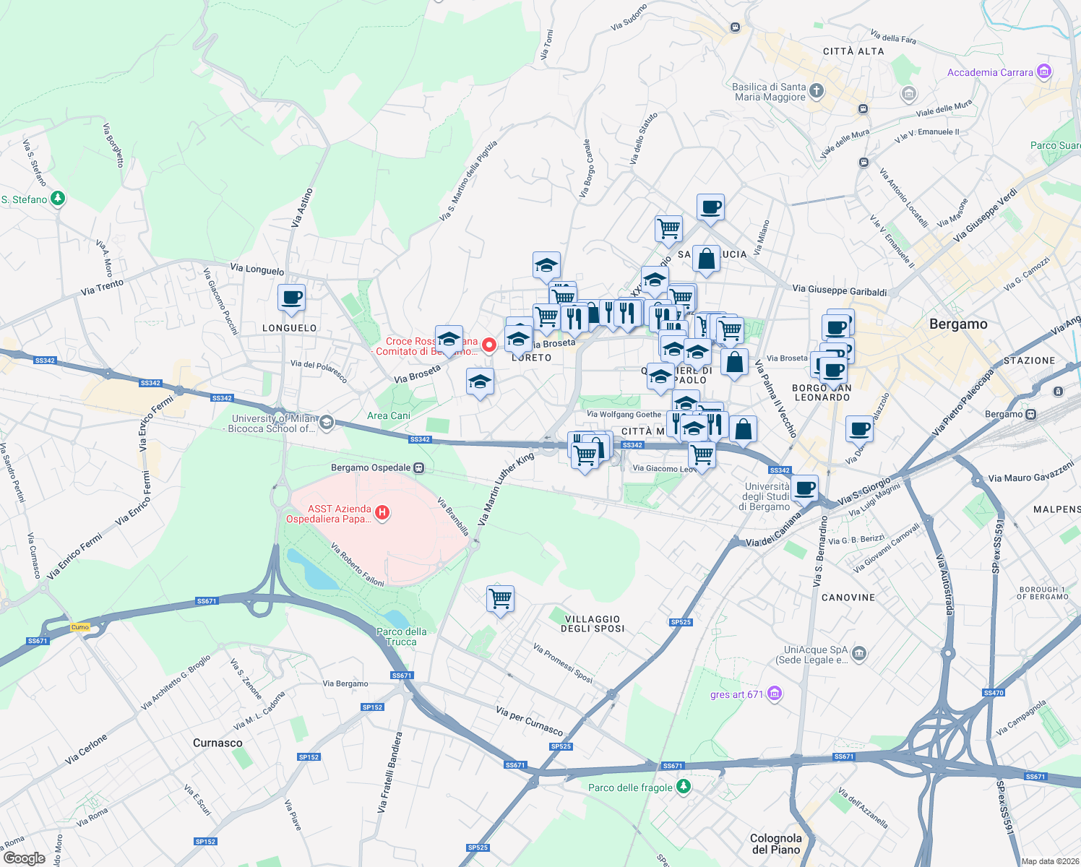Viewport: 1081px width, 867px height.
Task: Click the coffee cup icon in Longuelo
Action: pyautogui.click(x=291, y=298)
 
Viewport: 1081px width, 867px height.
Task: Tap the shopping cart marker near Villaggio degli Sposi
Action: pyautogui.click(x=500, y=599)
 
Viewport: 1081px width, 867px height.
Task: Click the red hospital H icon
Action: pyautogui.click(x=382, y=513)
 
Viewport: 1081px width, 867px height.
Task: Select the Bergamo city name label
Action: pyautogui.click(x=958, y=324)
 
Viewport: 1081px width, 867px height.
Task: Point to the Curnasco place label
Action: pyautogui.click(x=218, y=743)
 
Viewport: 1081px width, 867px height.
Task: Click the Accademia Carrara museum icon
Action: pyautogui.click(x=1043, y=72)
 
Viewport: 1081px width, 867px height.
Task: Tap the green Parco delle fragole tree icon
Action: pyautogui.click(x=683, y=787)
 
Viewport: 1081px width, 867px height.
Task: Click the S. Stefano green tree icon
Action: pyautogui.click(x=58, y=199)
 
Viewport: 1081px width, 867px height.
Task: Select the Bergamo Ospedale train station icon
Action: pyautogui.click(x=419, y=468)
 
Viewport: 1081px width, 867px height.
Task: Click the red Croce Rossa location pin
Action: pyautogui.click(x=488, y=345)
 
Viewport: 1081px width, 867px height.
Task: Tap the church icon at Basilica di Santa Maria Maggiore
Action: pyautogui.click(x=817, y=91)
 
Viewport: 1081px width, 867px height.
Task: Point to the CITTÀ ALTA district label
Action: pyautogui.click(x=853, y=51)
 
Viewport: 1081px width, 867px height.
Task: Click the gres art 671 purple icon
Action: pyautogui.click(x=775, y=694)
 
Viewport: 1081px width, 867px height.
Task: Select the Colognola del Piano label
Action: pyautogui.click(x=776, y=844)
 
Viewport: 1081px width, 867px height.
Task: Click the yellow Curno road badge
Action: pyautogui.click(x=80, y=627)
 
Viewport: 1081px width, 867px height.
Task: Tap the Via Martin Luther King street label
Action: pyautogui.click(x=506, y=489)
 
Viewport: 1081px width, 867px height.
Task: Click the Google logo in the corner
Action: pyautogui.click(x=24, y=858)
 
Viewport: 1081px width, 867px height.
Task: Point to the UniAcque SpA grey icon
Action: pyautogui.click(x=858, y=654)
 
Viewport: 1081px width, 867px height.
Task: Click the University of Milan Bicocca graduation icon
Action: pyautogui.click(x=327, y=422)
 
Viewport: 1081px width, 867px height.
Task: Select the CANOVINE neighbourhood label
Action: pyautogui.click(x=848, y=598)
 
